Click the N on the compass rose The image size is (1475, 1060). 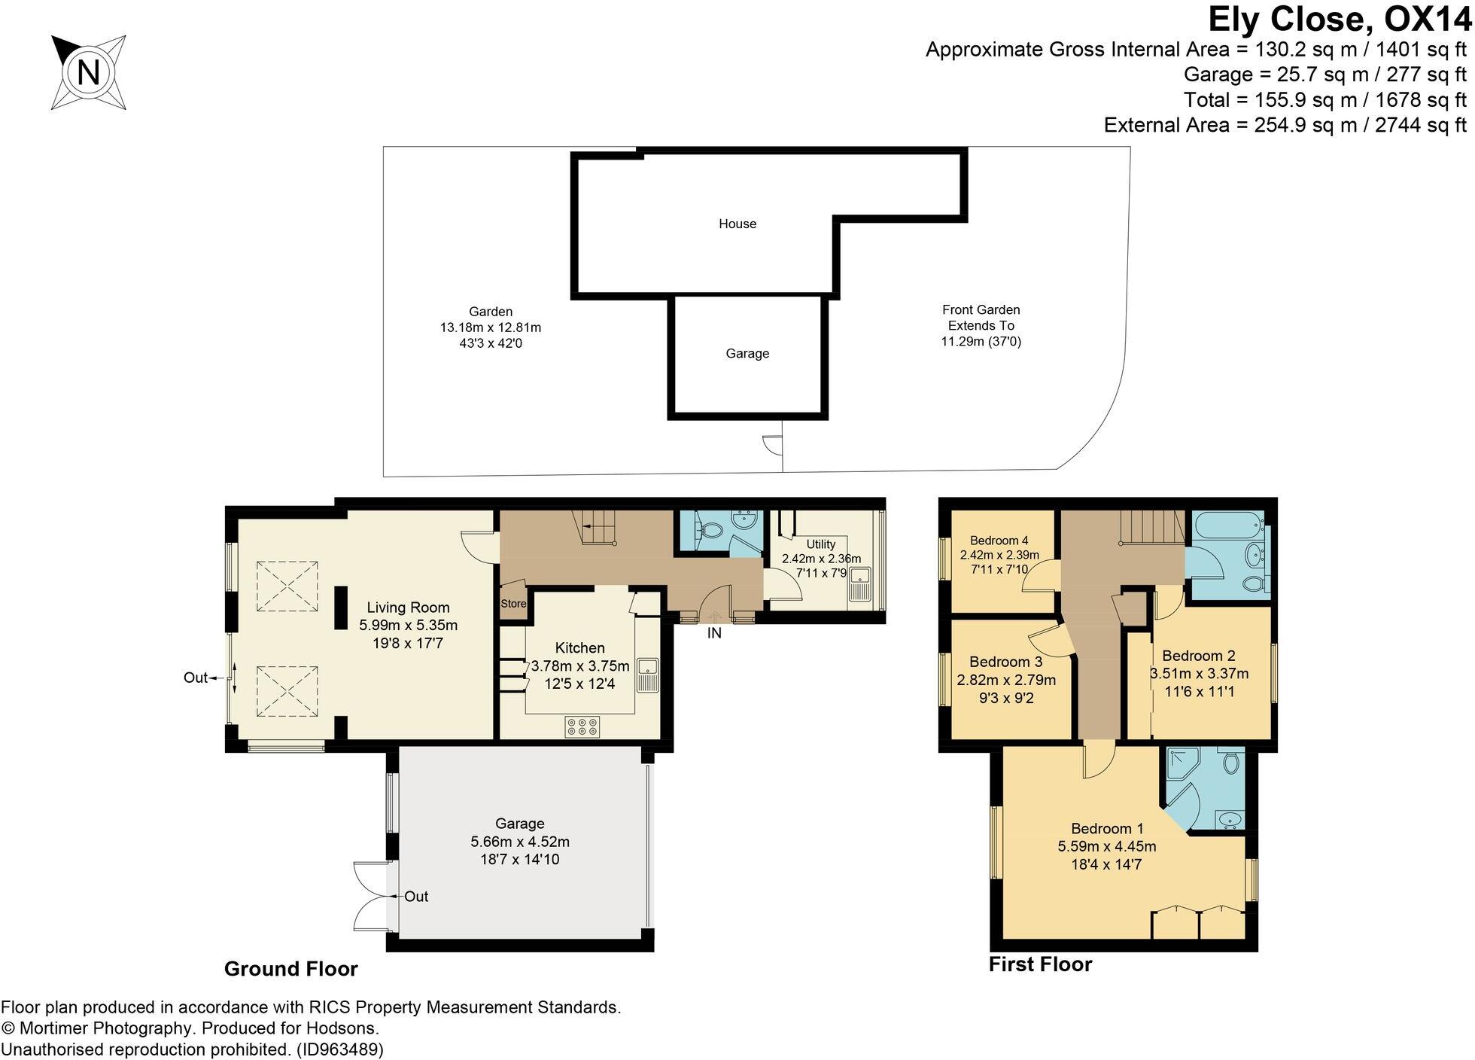[89, 73]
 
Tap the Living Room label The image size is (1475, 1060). [408, 608]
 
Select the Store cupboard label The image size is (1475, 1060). [513, 604]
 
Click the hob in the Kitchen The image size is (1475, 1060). [582, 726]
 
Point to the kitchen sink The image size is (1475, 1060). [647, 674]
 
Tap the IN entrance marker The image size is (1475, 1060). [714, 633]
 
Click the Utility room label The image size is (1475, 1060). [820, 544]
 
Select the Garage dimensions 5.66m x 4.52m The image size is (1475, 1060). [519, 842]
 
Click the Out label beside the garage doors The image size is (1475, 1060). [416, 897]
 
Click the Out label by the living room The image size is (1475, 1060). [195, 678]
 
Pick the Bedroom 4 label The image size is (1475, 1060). [999, 541]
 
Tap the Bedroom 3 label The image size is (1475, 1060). [1005, 662]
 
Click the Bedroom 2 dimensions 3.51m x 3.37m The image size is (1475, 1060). [1199, 674]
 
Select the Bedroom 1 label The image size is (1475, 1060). [1106, 829]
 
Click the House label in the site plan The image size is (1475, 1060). [737, 224]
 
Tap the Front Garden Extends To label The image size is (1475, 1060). [981, 318]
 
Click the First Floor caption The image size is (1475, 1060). [1039, 964]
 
